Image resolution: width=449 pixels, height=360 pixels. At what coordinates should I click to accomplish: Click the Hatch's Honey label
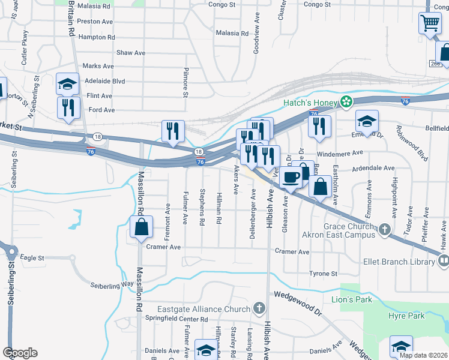point(310,103)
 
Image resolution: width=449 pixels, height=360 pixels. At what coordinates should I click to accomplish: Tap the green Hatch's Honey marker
point(346,103)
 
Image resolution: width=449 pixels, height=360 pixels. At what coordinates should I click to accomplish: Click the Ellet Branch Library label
point(399,262)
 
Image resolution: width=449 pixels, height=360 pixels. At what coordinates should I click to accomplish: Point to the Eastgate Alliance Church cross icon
point(259,309)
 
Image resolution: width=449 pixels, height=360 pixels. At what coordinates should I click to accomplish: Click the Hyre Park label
point(406,316)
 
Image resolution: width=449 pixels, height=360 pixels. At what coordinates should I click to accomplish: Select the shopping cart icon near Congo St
point(430,24)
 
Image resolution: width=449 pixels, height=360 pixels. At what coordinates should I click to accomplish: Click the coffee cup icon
point(292,177)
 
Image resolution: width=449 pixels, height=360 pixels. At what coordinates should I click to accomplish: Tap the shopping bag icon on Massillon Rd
point(142,227)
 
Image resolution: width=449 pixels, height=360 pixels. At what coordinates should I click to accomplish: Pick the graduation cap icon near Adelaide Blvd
point(67,83)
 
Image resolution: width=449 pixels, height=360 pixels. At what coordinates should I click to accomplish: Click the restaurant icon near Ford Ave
point(67,107)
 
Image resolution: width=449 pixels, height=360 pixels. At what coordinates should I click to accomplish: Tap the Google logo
point(20,353)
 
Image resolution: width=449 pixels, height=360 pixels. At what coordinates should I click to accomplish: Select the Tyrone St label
point(323,274)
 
